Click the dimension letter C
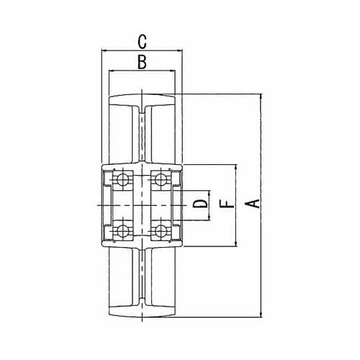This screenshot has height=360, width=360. pyautogui.click(x=142, y=42)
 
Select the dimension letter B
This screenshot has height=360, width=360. pyautogui.click(x=142, y=62)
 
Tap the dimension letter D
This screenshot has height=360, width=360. pyautogui.click(x=201, y=204)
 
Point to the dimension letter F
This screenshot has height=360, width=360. pyautogui.click(x=227, y=204)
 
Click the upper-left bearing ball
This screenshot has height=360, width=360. pyautogui.click(x=122, y=179)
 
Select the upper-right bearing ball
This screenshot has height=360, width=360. pyautogui.click(x=160, y=179)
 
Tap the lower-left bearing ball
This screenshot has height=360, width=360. pyautogui.click(x=122, y=231)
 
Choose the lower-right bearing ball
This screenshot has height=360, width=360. pyautogui.click(x=160, y=231)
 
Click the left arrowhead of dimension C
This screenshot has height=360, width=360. pyautogui.click(x=104, y=50)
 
